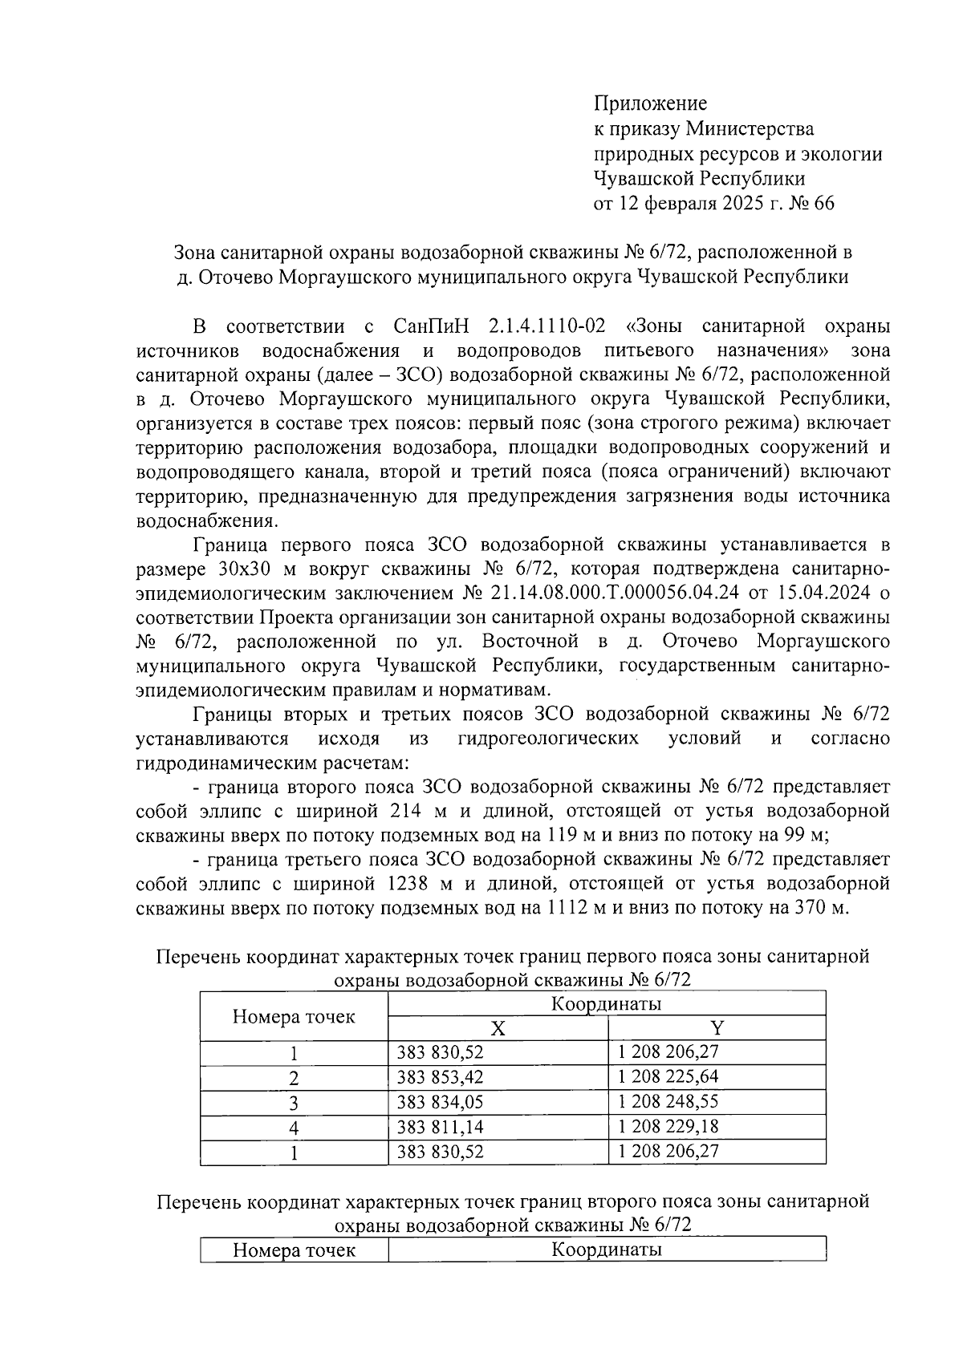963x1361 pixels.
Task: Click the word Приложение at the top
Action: pyautogui.click(x=650, y=103)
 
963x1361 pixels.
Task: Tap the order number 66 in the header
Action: pyautogui.click(x=823, y=204)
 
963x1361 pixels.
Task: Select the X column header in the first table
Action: pyautogui.click(x=498, y=1028)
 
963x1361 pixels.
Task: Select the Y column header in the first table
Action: pyautogui.click(x=717, y=1028)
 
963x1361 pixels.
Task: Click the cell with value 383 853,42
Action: pyautogui.click(x=441, y=1077)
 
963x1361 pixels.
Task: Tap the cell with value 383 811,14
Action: pyautogui.click(x=441, y=1127)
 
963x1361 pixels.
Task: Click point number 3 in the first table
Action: pyautogui.click(x=294, y=1103)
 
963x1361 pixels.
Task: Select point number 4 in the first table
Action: pyautogui.click(x=294, y=1128)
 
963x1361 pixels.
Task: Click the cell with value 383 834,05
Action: pyautogui.click(x=441, y=1102)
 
